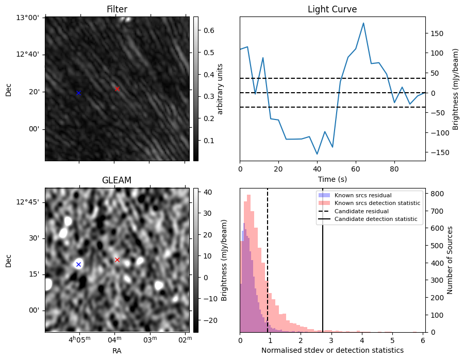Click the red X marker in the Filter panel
(x=117, y=89)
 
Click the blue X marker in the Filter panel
(x=78, y=93)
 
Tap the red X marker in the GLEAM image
(x=117, y=260)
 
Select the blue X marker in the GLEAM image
(x=78, y=264)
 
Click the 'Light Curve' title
(x=332, y=9)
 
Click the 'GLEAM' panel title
(x=117, y=180)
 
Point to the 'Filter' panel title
(x=117, y=9)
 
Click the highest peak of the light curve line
(x=363, y=23)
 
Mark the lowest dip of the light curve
(x=317, y=154)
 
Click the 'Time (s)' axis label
(x=333, y=179)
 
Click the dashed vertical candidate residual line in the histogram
(x=268, y=260)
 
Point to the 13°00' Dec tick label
(x=27, y=18)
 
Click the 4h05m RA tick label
(x=79, y=339)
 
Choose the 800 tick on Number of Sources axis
(x=437, y=194)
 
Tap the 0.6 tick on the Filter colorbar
(x=208, y=30)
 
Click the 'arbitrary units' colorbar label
(x=220, y=89)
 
